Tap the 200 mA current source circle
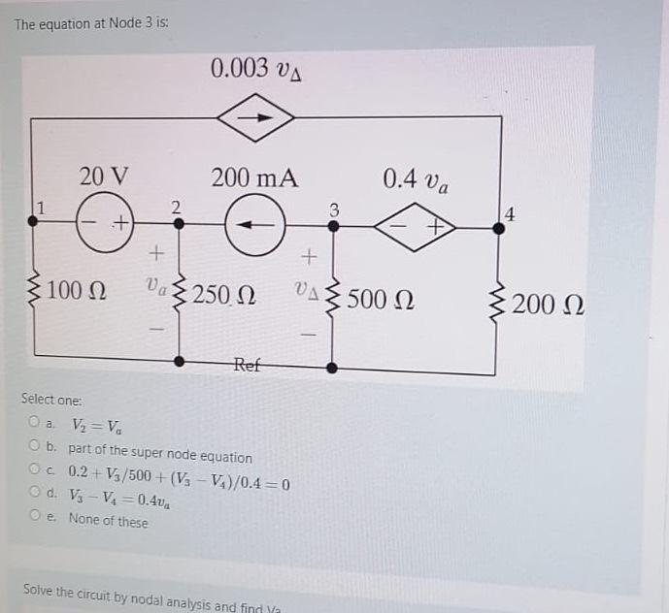pyautogui.click(x=254, y=225)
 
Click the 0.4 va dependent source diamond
pyautogui.click(x=416, y=225)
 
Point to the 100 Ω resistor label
pyautogui.click(x=81, y=291)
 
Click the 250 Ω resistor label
pyautogui.click(x=224, y=294)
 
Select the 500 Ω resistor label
pyautogui.click(x=380, y=297)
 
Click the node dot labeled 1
pyautogui.click(x=34, y=221)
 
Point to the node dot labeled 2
pyautogui.click(x=178, y=222)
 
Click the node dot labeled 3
pyautogui.click(x=332, y=225)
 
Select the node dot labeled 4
pyautogui.click(x=499, y=226)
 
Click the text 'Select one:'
pyautogui.click(x=52, y=400)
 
